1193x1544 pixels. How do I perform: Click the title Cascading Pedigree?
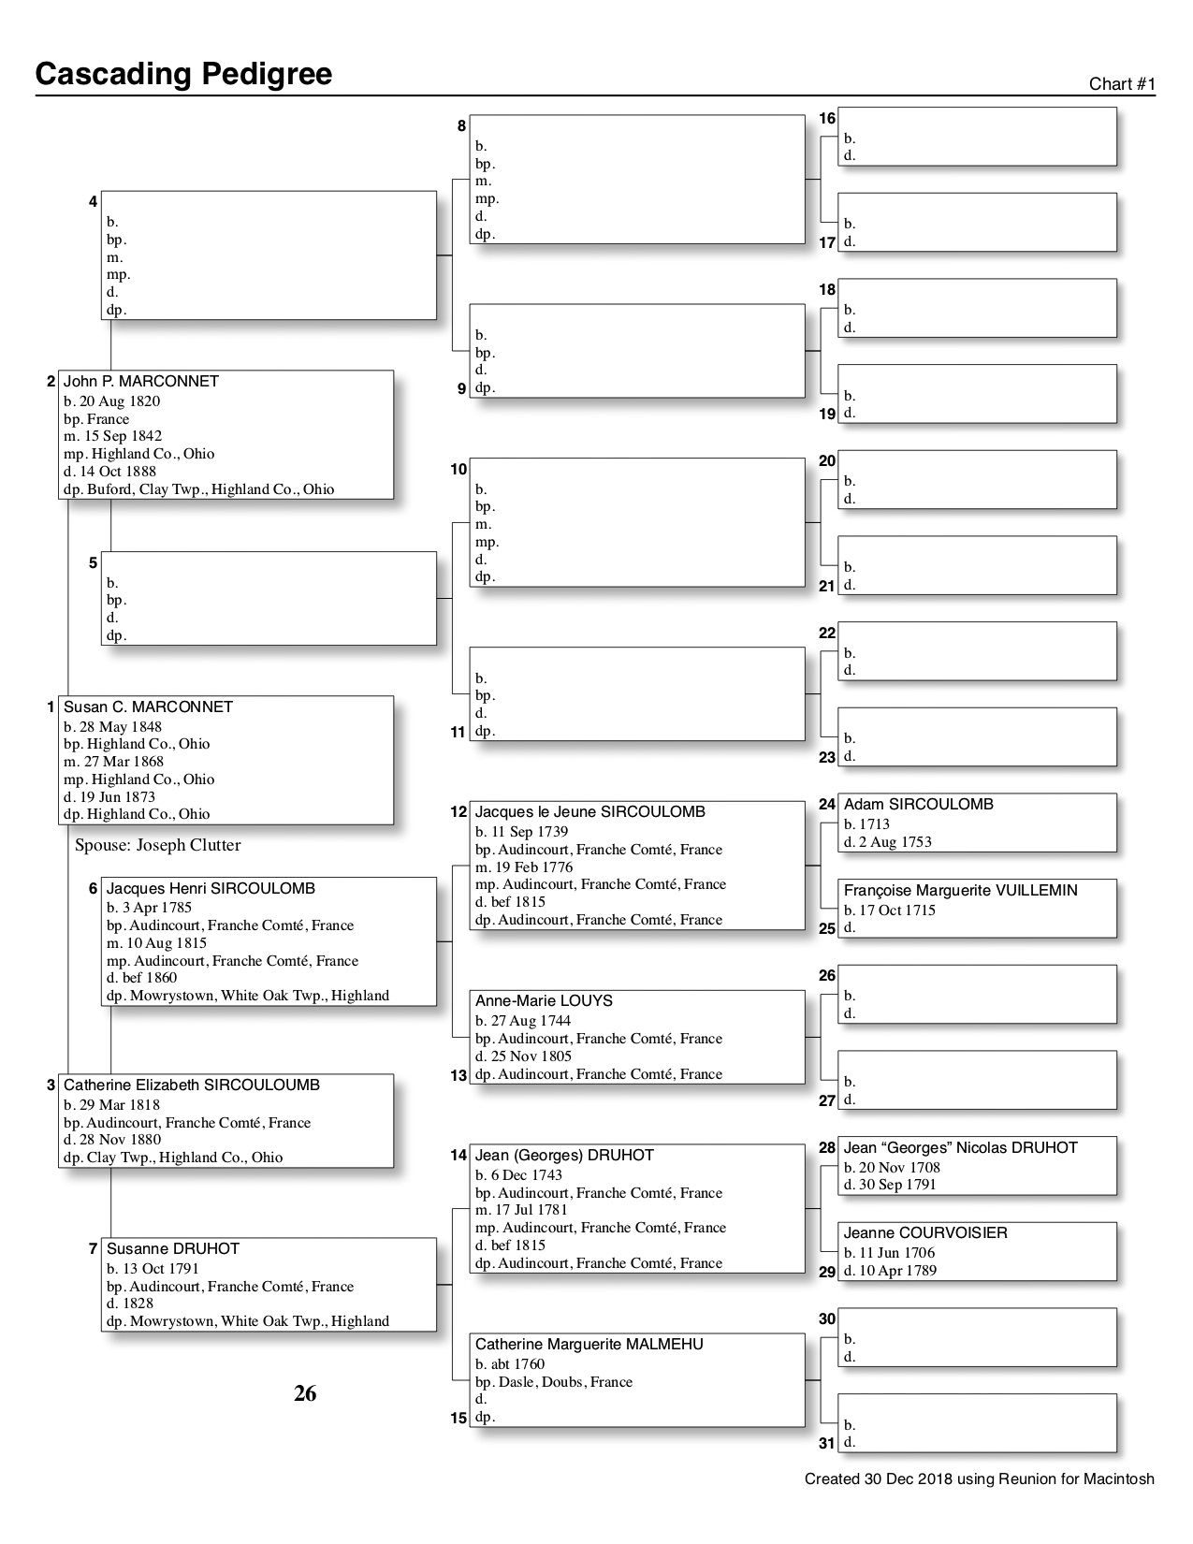point(183,74)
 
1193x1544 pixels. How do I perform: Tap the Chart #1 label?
point(1122,84)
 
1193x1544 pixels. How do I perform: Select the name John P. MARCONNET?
point(140,382)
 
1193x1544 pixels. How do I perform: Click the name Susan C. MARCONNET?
point(148,707)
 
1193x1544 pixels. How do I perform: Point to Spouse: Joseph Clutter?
point(157,845)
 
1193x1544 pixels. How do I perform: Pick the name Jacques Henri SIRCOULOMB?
point(211,889)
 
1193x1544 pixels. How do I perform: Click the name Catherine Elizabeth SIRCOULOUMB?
point(191,1085)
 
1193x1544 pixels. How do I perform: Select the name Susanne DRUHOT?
point(172,1249)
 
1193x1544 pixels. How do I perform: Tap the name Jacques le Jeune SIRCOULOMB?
point(589,812)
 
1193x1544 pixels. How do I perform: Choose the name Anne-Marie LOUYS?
point(544,1001)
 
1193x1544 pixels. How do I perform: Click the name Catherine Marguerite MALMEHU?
point(589,1345)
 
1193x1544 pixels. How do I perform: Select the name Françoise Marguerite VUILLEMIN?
point(960,891)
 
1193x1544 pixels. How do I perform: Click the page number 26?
point(305,1394)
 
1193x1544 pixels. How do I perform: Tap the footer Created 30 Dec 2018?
point(979,1479)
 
